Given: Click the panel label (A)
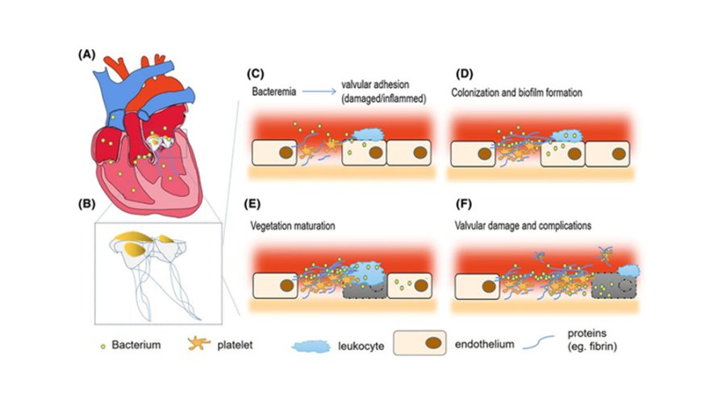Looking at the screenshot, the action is coord(86,55).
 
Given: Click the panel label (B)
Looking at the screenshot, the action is coord(86,204).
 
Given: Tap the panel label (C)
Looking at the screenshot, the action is coord(255,74).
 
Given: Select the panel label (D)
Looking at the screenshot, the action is coord(465,74).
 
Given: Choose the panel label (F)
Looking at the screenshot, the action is coord(464,204).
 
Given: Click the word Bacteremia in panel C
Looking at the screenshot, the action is coord(274,92).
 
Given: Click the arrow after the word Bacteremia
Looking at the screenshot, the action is coord(319,92).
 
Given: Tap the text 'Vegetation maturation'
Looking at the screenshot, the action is coord(293,226).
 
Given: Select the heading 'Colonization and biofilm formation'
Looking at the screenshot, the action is coord(517,93).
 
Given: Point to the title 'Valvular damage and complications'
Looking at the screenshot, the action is coord(523,226).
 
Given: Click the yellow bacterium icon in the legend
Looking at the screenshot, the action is coord(103,346).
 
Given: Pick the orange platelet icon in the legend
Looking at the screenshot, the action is coord(199,343).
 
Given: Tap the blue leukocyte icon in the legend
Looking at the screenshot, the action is coord(311,346).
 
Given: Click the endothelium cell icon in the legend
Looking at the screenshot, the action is coord(420,343).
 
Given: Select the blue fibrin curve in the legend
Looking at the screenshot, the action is coord(539,343).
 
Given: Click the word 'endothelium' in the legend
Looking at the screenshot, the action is coord(484,344).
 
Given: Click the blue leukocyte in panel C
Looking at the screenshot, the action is coord(369,134).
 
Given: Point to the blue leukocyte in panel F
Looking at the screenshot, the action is coord(629,271).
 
